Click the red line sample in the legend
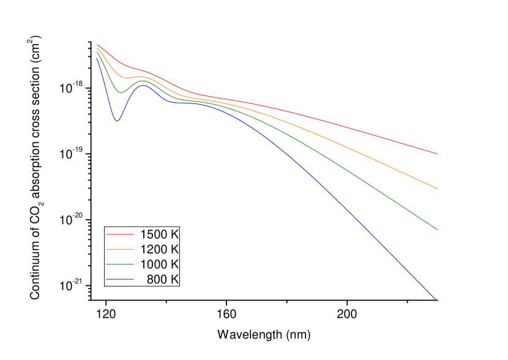[120, 234]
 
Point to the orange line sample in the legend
[120, 249]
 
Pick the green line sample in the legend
[120, 264]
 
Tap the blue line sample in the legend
[120, 279]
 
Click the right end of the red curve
[438, 154]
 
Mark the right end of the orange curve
[438, 189]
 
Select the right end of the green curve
[438, 229]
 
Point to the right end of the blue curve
[436, 299]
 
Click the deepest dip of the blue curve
[117, 121]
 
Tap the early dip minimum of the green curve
[121, 93]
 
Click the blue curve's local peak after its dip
[144, 86]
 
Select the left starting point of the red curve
[97, 45]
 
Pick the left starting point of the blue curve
[97, 57]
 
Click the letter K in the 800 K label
[174, 279]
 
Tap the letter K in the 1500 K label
[174, 234]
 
